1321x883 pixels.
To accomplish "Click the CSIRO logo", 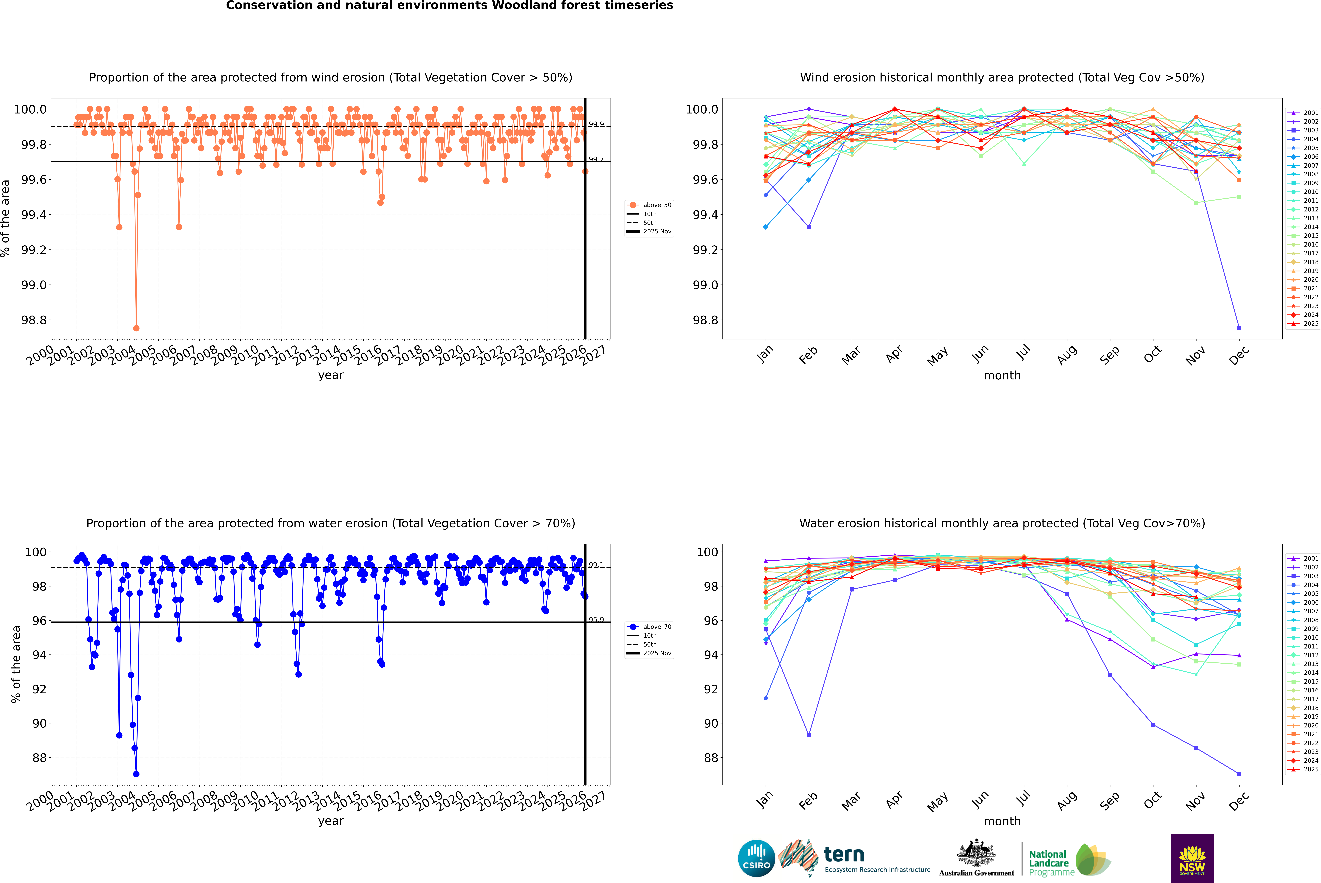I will point(756,858).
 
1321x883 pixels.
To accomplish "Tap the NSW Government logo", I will point(1192,858).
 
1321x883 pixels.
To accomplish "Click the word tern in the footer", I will point(843,854).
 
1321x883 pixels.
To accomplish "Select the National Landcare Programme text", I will point(1048,863).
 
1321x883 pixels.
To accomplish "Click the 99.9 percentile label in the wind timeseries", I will point(596,124).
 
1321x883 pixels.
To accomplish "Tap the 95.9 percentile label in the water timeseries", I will point(596,619).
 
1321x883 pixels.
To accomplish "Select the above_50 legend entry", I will point(657,205).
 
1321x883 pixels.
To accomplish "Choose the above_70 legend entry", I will point(657,627).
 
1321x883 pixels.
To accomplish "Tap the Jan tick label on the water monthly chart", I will point(765,800).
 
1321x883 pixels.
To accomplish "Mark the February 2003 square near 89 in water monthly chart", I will point(809,735).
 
